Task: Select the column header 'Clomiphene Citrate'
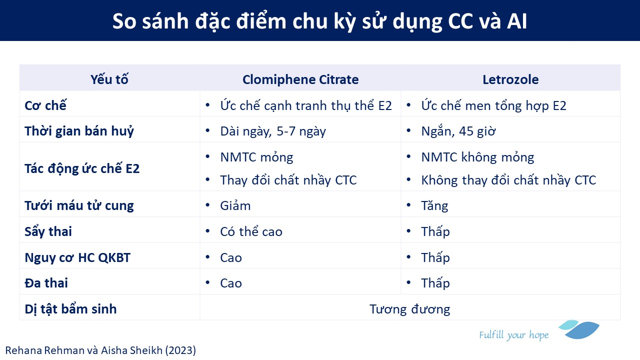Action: click(300, 79)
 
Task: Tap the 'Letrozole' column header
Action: click(510, 79)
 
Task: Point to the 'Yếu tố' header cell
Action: click(109, 79)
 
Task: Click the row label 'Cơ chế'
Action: click(45, 105)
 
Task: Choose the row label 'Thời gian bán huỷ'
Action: click(79, 131)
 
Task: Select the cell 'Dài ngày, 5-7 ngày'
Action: click(273, 131)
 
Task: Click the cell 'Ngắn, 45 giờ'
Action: click(458, 131)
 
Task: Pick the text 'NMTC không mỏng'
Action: click(477, 157)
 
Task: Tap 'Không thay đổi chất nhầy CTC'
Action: click(508, 180)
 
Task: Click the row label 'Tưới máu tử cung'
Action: click(79, 205)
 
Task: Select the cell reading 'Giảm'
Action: click(235, 205)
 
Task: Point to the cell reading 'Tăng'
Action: click(434, 205)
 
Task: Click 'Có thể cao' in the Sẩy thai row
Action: click(251, 231)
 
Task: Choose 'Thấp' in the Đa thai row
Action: click(435, 283)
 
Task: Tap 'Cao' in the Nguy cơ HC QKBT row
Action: click(231, 257)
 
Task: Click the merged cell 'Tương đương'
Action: click(409, 309)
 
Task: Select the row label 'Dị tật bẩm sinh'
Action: click(70, 309)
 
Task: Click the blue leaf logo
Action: click(579, 329)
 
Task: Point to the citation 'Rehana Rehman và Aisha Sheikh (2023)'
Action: click(100, 350)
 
